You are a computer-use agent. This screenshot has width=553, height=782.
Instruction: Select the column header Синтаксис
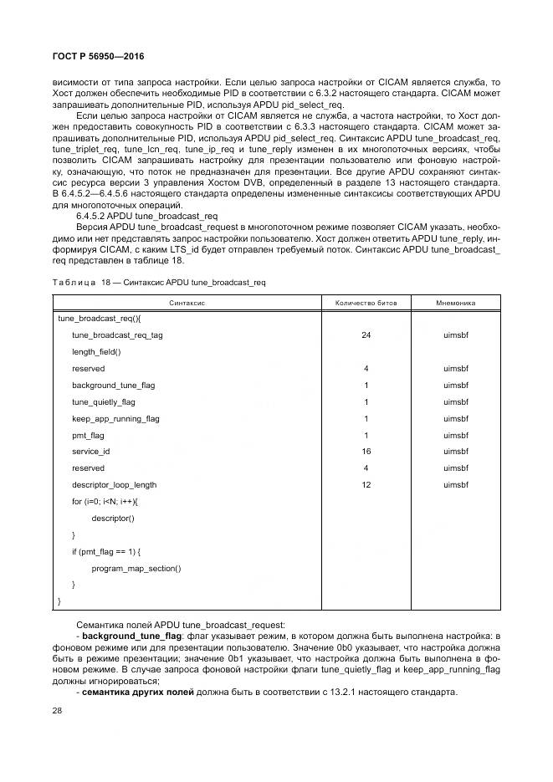[x=187, y=302]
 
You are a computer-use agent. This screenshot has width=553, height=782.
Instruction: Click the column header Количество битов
[x=366, y=302]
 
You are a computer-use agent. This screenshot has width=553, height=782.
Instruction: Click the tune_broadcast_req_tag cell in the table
[x=117, y=335]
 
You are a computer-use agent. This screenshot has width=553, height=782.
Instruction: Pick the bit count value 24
[x=366, y=335]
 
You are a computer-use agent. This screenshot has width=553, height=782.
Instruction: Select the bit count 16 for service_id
[x=366, y=452]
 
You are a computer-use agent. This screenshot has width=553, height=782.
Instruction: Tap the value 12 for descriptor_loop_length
[x=366, y=485]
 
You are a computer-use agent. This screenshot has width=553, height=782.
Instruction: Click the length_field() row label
[x=96, y=352]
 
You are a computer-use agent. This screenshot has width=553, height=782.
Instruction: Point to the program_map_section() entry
[x=136, y=569]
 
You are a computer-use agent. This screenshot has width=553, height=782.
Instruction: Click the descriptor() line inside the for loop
[x=112, y=519]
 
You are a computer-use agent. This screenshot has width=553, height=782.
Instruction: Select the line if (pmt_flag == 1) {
[x=106, y=552]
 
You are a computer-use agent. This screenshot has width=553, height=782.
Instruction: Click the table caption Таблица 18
[x=83, y=283]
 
